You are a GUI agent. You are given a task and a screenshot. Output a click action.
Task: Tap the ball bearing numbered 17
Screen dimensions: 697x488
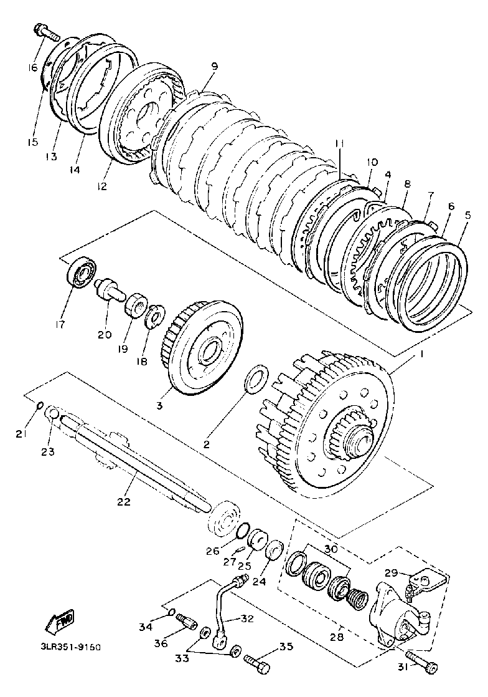[82, 272]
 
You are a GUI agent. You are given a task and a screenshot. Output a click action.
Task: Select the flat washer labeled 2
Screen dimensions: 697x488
[255, 380]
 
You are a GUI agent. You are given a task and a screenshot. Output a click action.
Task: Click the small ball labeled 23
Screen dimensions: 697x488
[53, 413]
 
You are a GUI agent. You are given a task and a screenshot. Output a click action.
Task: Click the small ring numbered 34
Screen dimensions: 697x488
[172, 613]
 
